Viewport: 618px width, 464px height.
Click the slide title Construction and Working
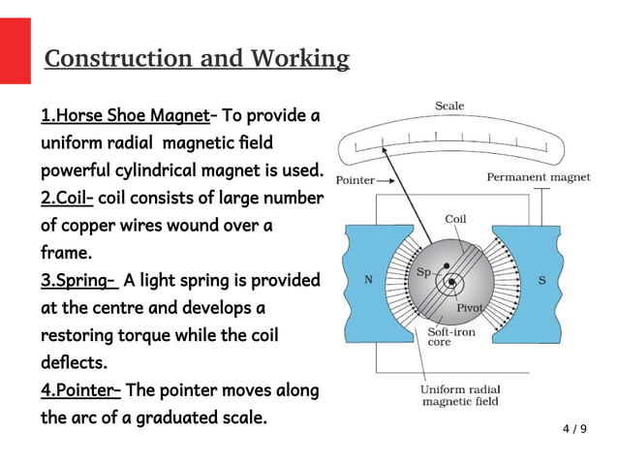click(x=197, y=59)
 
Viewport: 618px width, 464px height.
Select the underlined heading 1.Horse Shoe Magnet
click(x=125, y=116)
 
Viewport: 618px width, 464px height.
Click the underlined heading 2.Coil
click(x=67, y=199)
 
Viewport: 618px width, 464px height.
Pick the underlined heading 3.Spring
click(x=78, y=281)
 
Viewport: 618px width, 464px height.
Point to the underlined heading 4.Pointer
click(x=80, y=390)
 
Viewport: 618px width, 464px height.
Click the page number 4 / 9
click(x=574, y=428)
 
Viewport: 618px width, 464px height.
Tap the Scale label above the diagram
click(x=448, y=106)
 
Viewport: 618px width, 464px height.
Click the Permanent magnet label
click(x=538, y=177)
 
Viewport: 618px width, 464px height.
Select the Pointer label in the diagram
click(x=355, y=181)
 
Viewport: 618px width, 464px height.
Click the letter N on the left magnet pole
click(x=367, y=280)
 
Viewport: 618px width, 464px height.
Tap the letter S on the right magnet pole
click(x=541, y=280)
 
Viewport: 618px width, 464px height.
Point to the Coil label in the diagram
click(x=454, y=219)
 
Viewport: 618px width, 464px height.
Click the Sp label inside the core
click(x=423, y=272)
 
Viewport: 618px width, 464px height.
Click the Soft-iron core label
click(x=451, y=336)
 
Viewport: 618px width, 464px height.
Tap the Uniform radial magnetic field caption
click(x=459, y=395)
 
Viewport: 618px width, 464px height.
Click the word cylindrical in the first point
click(x=161, y=171)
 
